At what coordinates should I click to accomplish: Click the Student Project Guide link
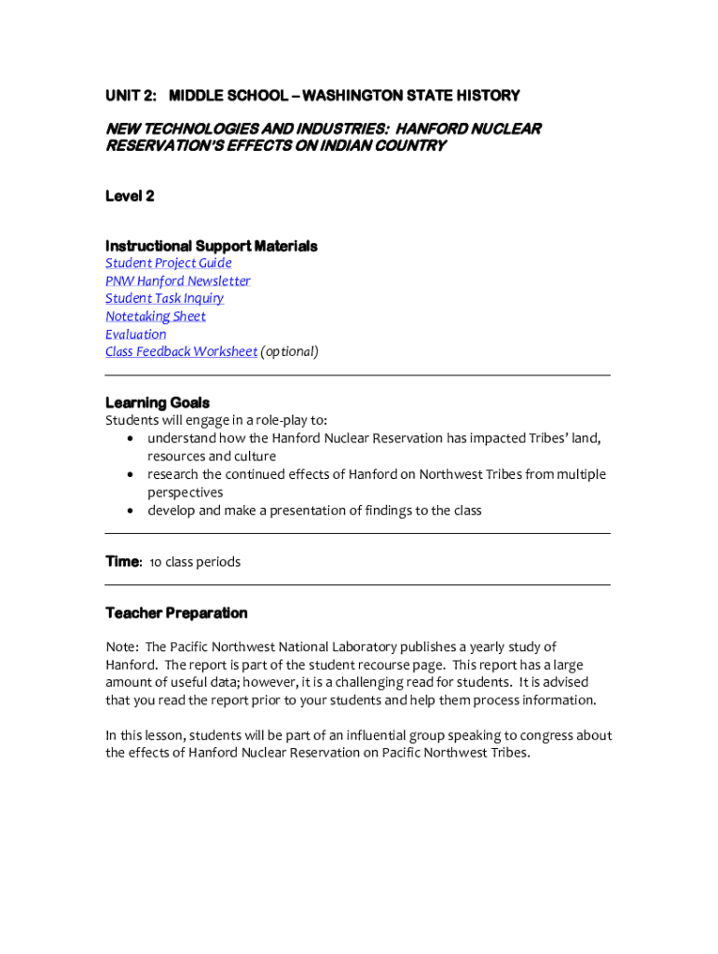(x=168, y=264)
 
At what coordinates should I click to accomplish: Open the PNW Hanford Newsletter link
(x=177, y=281)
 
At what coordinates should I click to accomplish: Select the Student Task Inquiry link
(x=164, y=299)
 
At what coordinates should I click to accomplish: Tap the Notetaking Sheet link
(x=155, y=317)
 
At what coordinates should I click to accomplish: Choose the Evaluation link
(x=135, y=334)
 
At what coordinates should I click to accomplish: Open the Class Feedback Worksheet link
(x=181, y=352)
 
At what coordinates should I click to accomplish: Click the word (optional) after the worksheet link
(x=289, y=352)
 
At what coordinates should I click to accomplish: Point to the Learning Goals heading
(x=158, y=403)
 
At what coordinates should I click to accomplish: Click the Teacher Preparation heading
(x=176, y=613)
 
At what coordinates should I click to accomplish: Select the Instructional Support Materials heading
(x=211, y=246)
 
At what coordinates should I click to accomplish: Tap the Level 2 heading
(x=130, y=196)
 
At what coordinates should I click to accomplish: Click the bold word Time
(x=122, y=562)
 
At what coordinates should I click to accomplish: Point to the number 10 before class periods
(x=156, y=562)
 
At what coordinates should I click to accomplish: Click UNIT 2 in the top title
(x=130, y=96)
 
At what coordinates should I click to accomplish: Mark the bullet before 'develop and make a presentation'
(x=131, y=511)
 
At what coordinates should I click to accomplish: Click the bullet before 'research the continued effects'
(x=131, y=475)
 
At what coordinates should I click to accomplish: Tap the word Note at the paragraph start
(x=121, y=647)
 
